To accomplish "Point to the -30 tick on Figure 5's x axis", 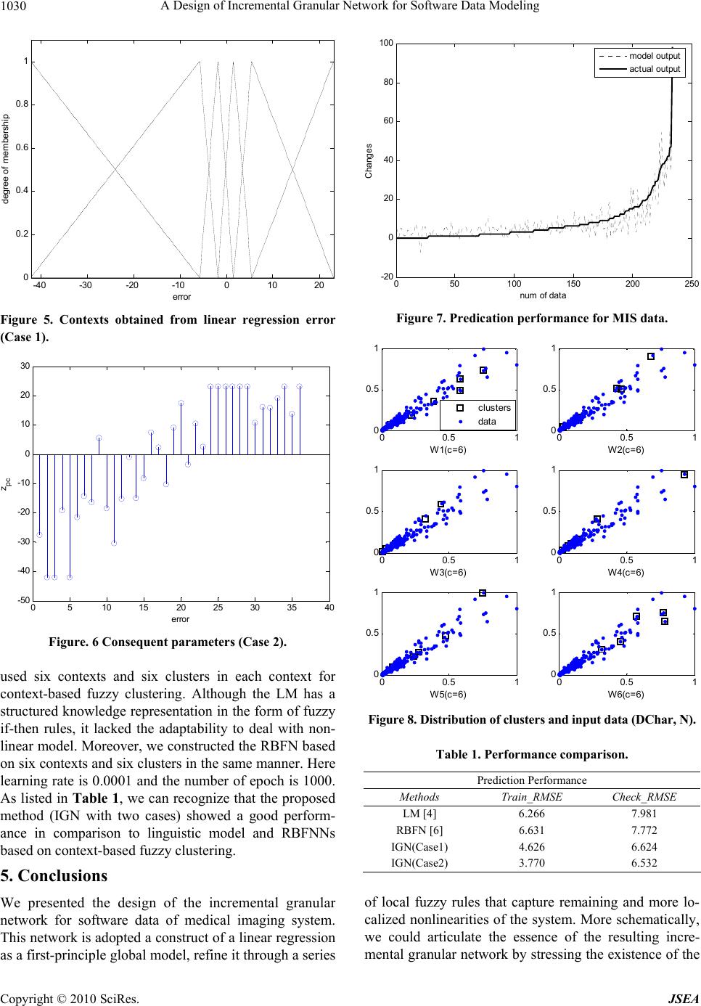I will click(x=86, y=285).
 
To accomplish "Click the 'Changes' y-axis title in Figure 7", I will click(x=369, y=160).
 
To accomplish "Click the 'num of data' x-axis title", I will click(x=543, y=295).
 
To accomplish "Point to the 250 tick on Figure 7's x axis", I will click(x=691, y=284).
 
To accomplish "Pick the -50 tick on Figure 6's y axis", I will click(x=24, y=600).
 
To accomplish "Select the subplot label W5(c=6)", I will click(x=448, y=694).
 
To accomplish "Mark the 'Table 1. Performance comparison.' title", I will click(x=532, y=754).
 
